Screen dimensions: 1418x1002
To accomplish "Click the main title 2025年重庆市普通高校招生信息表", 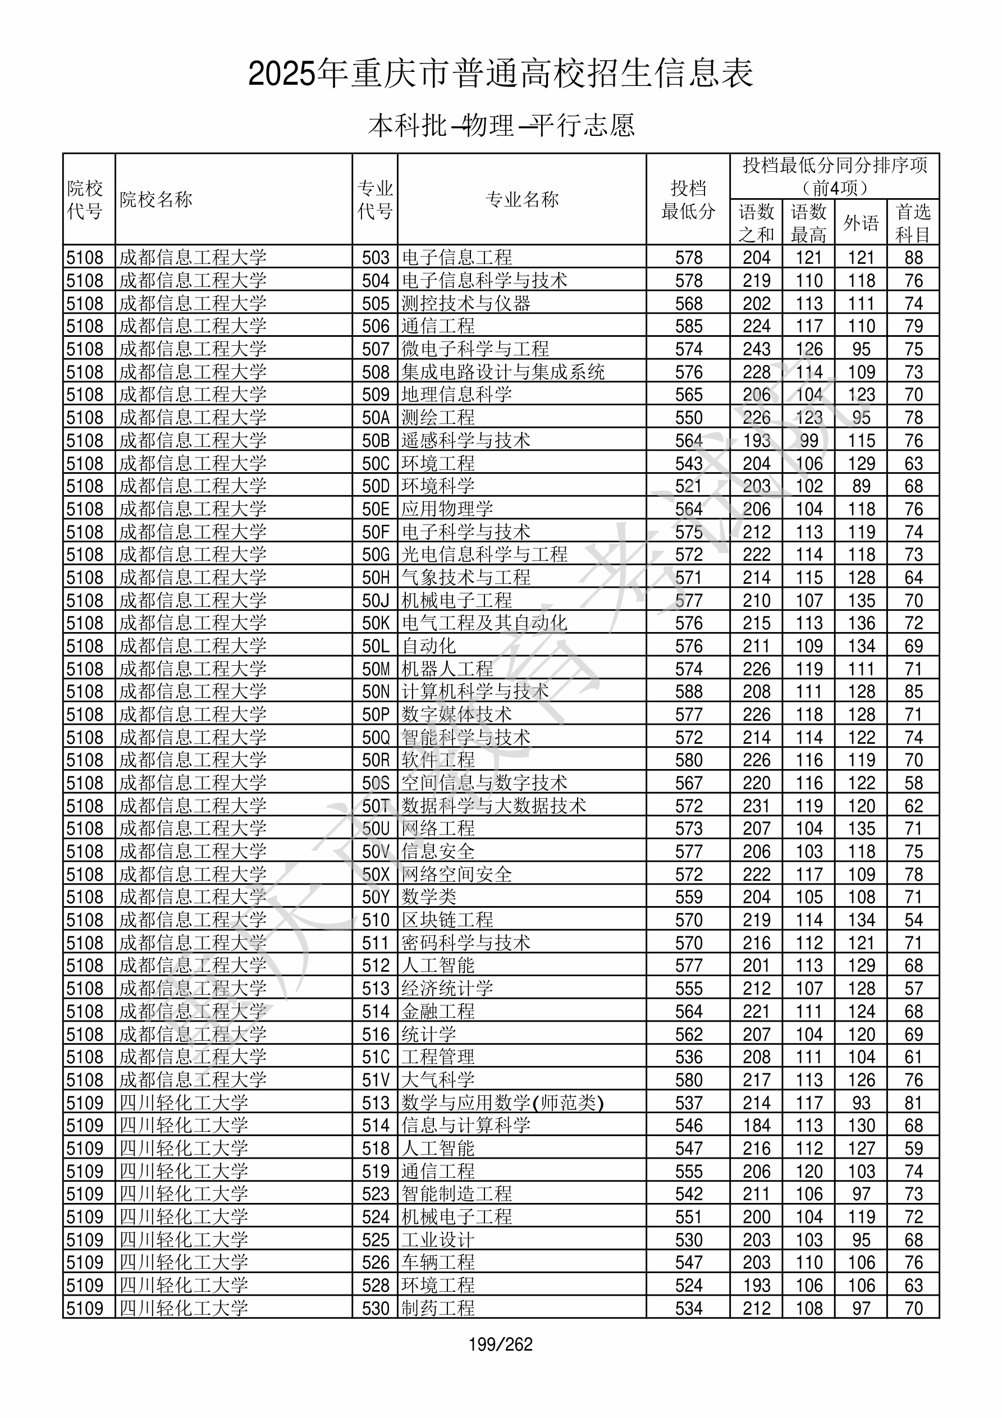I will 500,74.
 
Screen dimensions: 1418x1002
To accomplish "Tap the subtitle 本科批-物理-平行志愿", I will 501,125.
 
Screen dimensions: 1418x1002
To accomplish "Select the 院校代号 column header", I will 85,199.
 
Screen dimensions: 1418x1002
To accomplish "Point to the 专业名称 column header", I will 522,199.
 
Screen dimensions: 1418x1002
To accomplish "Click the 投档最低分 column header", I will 688,199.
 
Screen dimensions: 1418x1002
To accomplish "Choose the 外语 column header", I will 861,223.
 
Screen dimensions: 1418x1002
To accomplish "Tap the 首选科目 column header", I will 913,223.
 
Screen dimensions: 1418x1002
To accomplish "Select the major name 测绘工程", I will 438,418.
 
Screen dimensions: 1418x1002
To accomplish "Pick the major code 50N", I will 376,692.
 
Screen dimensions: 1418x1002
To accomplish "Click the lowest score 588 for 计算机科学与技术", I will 689,692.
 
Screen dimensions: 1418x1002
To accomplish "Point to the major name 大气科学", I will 438,1080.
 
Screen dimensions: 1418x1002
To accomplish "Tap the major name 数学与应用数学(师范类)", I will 502,1103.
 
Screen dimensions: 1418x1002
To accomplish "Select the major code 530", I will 376,1309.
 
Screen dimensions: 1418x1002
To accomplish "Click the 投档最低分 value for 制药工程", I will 689,1309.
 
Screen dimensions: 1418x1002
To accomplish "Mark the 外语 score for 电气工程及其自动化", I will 861,623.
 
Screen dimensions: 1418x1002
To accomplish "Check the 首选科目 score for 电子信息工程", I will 913,258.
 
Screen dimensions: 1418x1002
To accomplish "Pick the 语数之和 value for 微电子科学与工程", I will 756,349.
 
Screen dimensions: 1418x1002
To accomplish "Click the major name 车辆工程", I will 438,1263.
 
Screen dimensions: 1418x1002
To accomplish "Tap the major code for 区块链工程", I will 376,920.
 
